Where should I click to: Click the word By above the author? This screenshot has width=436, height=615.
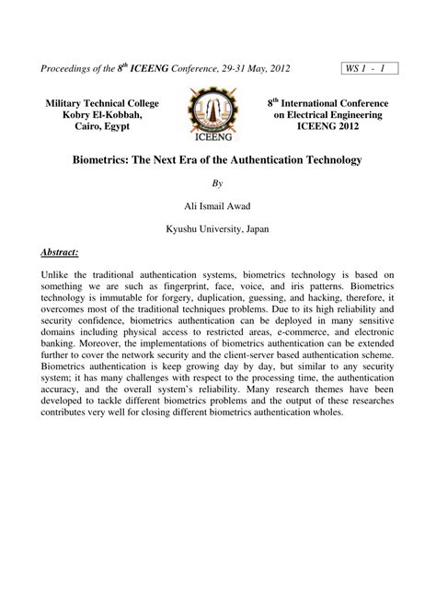point(218,182)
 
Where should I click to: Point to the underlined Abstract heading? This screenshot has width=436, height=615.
point(60,251)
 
